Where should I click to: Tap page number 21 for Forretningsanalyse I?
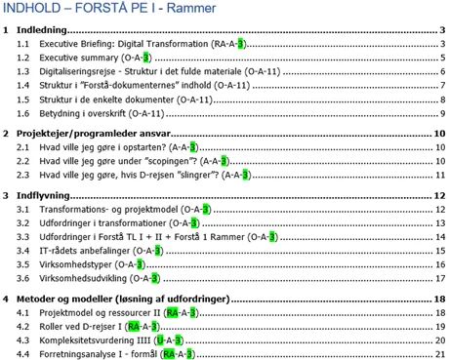pyautogui.click(x=440, y=353)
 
